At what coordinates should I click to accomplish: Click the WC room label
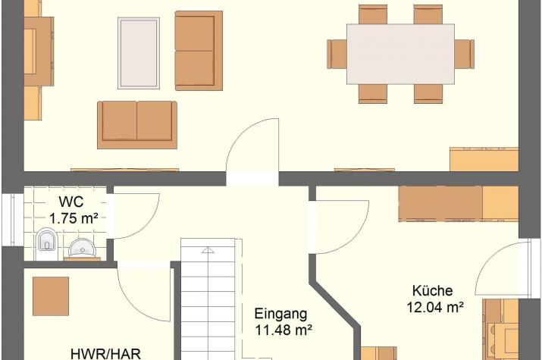tap(71, 202)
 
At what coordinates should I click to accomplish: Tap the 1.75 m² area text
tap(74, 218)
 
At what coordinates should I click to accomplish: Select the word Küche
tap(432, 290)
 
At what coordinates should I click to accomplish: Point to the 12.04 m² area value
tap(435, 307)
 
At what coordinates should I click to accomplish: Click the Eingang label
tap(280, 314)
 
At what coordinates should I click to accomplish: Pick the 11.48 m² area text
tap(284, 330)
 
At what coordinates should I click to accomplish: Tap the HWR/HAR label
tap(106, 354)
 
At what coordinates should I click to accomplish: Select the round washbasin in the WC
tap(83, 248)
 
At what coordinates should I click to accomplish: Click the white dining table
tap(400, 55)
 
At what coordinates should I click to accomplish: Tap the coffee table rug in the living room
tap(139, 53)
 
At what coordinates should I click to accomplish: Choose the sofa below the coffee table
tap(137, 125)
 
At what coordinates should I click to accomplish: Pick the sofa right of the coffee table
tap(199, 51)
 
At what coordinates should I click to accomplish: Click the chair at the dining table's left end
tap(337, 54)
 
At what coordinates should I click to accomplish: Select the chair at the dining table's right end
tap(464, 54)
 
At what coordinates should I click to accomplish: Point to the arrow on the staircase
tap(208, 250)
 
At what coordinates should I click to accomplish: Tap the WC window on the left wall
tap(13, 220)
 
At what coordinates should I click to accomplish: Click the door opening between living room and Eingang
tap(252, 179)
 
